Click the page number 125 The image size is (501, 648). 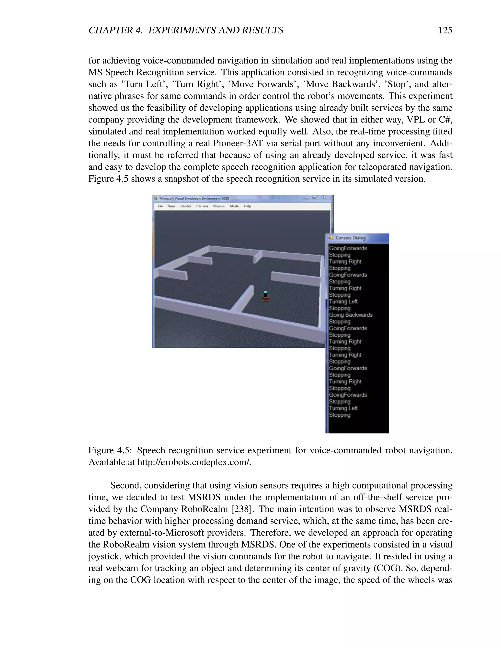(445, 30)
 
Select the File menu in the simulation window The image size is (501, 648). (160, 206)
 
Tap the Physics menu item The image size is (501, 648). (219, 206)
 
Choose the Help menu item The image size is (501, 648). (247, 206)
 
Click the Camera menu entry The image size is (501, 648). (202, 206)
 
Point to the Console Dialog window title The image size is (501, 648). (350, 238)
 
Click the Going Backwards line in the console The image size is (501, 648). (351, 315)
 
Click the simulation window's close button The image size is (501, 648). (324, 197)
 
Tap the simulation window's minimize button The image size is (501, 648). (307, 197)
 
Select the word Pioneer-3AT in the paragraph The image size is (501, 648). (238, 143)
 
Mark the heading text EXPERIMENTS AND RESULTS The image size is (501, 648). (216, 30)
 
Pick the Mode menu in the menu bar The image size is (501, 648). (234, 206)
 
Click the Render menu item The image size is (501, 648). (186, 206)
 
